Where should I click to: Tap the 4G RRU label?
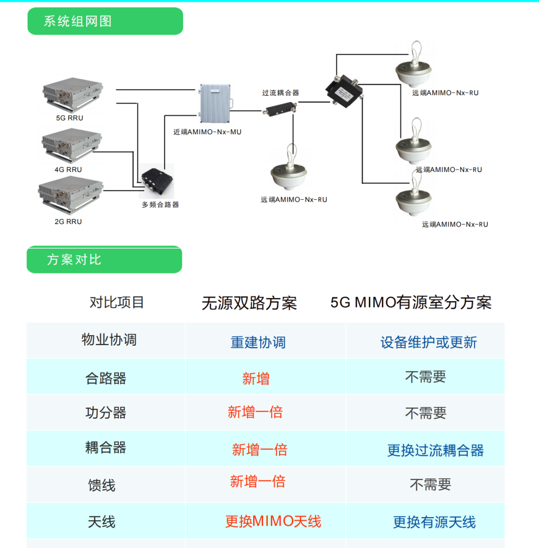[68, 169]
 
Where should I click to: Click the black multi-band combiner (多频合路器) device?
[157, 181]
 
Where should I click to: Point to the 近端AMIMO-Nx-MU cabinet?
[215, 103]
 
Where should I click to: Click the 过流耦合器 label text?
[280, 93]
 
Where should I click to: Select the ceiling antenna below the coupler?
[289, 168]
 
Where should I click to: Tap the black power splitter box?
[344, 90]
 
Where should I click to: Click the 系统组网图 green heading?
[105, 21]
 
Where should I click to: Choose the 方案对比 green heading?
[104, 260]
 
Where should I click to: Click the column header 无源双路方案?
[249, 302]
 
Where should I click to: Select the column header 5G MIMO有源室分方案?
[411, 302]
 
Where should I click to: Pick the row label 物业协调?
[109, 340]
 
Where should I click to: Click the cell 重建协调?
[258, 342]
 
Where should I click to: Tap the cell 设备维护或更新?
[429, 342]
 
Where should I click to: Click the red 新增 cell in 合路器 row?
[256, 379]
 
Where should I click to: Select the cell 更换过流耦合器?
[436, 450]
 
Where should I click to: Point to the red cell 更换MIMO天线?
[273, 521]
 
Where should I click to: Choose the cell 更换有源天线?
[434, 522]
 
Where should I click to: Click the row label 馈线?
[101, 485]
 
